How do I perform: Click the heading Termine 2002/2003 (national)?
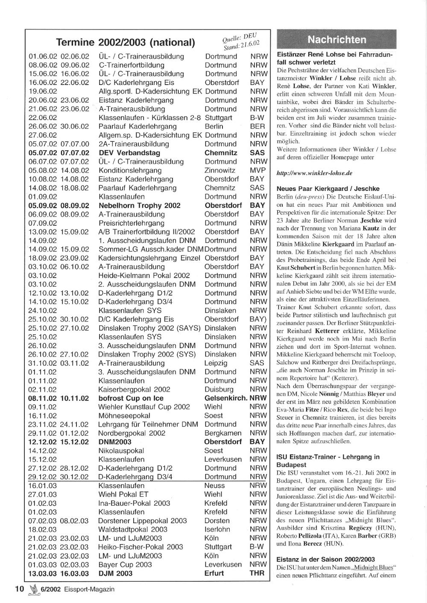126,43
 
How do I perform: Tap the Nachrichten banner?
337,40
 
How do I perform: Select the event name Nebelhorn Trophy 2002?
139,205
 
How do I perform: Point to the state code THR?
257,573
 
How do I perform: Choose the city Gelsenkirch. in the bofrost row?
226,398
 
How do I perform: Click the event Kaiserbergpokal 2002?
134,389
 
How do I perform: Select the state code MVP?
257,170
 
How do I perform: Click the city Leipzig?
216,363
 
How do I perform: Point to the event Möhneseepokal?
124,416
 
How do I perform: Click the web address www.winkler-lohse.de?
314,173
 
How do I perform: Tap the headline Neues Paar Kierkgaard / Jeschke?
328,189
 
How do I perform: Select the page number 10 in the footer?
19,589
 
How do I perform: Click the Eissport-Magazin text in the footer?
90,589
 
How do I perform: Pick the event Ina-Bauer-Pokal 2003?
134,503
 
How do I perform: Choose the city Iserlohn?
217,530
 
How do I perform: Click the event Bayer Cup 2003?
125,565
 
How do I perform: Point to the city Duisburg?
219,389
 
